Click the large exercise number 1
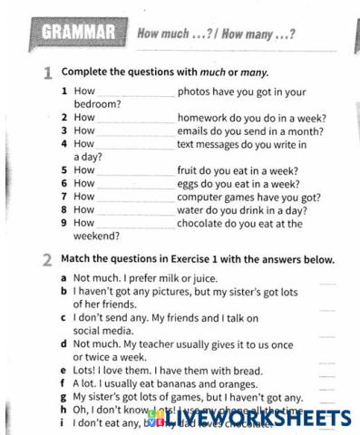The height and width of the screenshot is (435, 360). tap(47, 73)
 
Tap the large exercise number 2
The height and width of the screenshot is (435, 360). tap(47, 261)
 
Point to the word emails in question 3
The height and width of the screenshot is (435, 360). tap(195, 130)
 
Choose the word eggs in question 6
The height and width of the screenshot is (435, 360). tap(191, 184)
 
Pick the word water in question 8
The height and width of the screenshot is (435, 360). tap(194, 210)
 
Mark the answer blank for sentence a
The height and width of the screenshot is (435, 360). tap(327, 282)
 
